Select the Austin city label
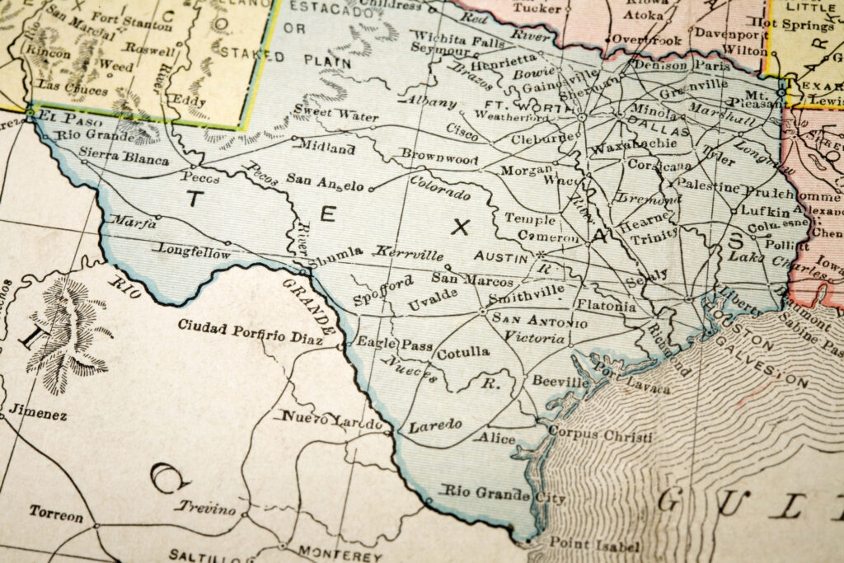[500, 257]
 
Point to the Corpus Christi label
[599, 434]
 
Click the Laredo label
[434, 425]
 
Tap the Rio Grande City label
[504, 495]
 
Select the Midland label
[327, 149]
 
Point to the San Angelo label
[326, 178]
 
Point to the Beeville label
[560, 382]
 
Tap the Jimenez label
[38, 414]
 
